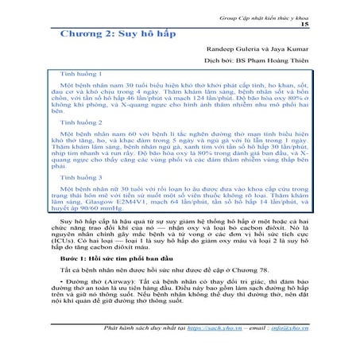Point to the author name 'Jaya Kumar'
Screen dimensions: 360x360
[x=288, y=49]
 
